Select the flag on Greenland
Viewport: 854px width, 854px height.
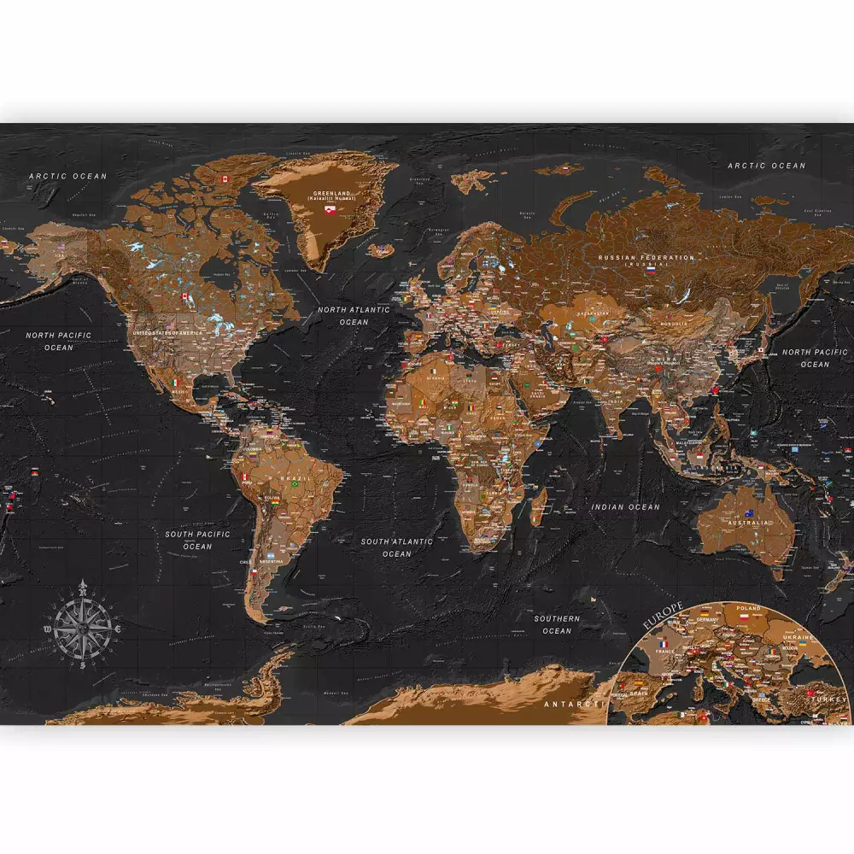331,209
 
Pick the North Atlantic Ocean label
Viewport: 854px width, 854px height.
354,315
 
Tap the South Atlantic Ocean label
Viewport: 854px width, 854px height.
396,547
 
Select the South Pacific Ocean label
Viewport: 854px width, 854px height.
197,540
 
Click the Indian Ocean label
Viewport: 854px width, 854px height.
626,507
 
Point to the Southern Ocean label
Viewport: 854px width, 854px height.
557,624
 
